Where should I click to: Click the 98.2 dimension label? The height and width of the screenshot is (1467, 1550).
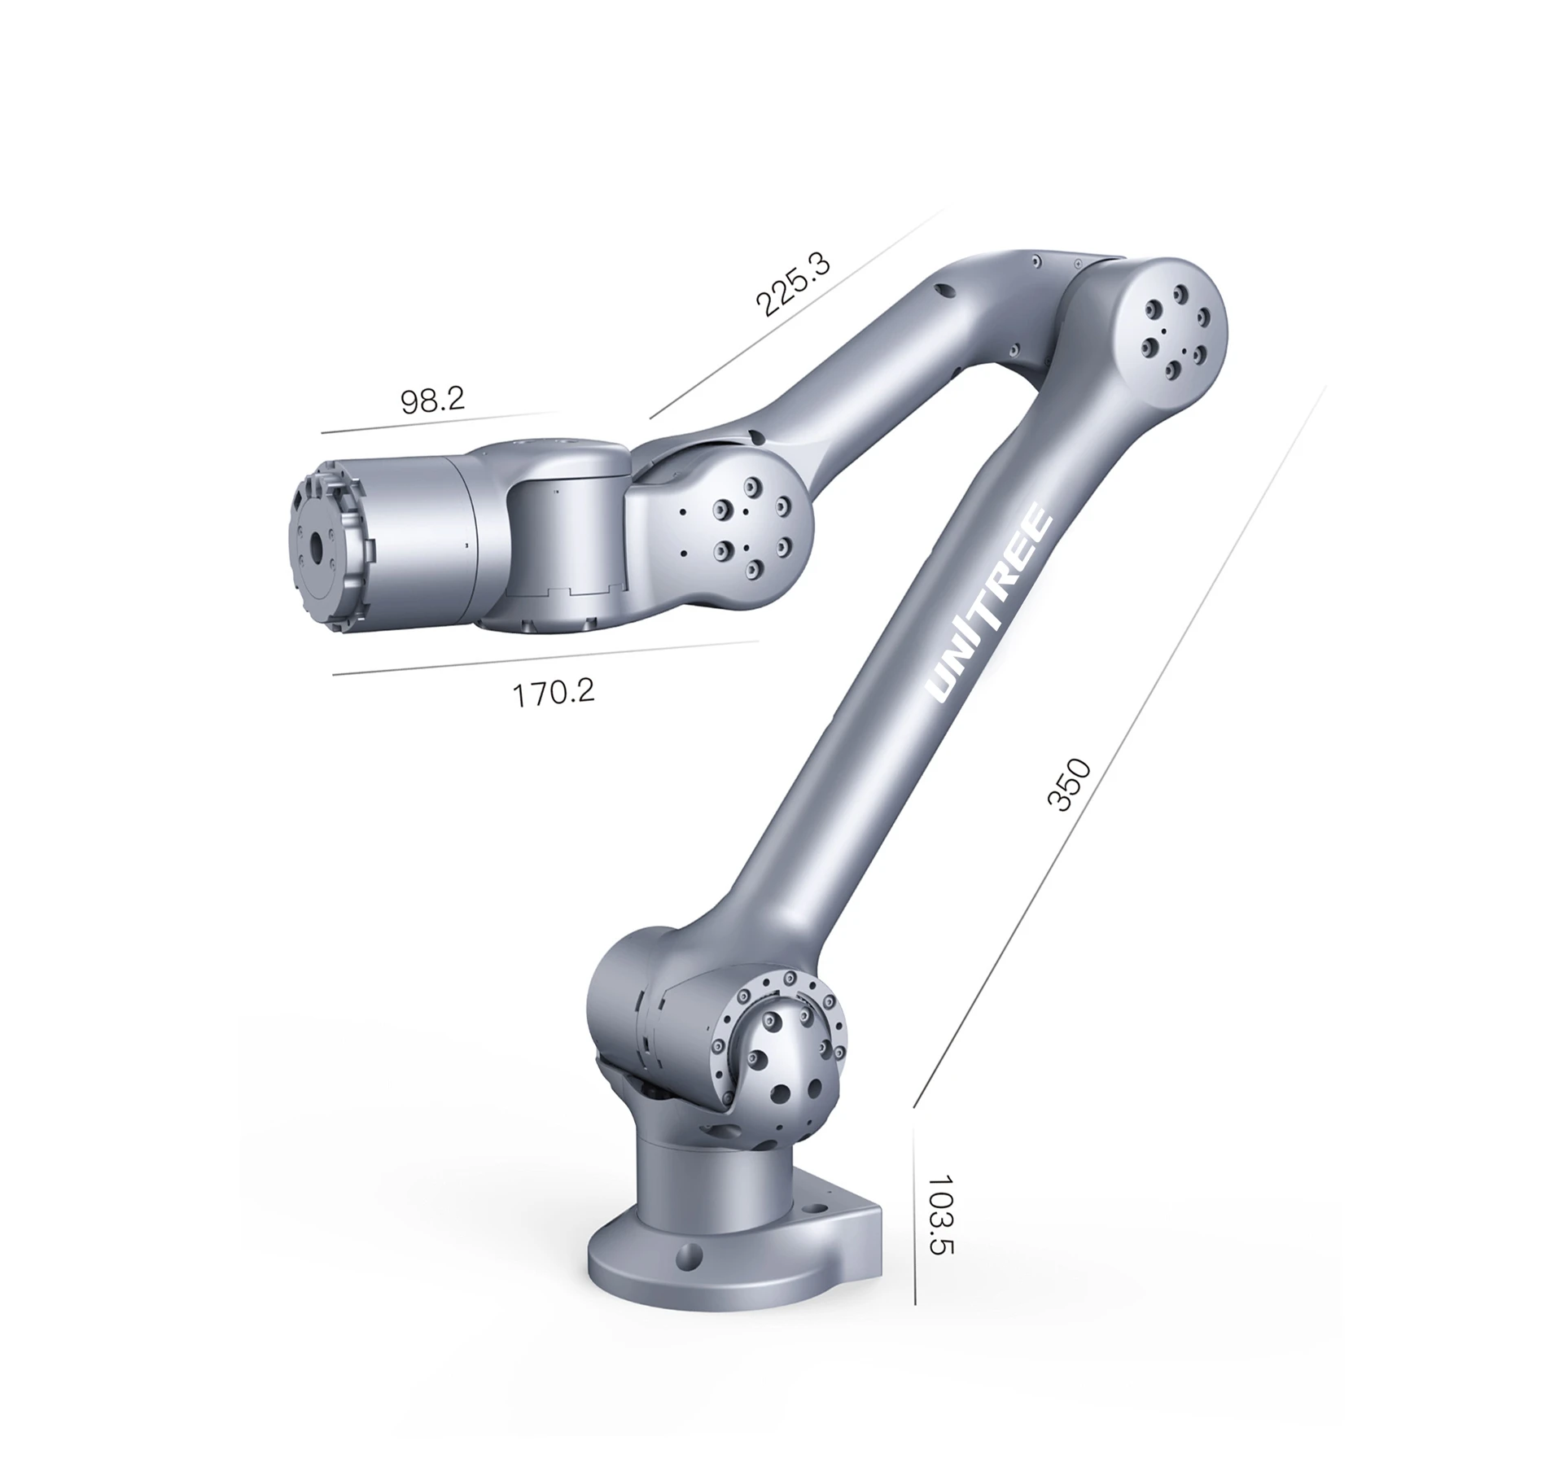tap(432, 400)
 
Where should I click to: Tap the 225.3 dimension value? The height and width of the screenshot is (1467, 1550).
tap(792, 284)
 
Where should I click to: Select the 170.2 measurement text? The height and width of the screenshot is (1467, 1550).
tap(553, 693)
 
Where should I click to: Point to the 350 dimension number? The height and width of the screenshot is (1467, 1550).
tap(1067, 785)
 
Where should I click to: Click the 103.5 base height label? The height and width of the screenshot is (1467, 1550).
tap(940, 1214)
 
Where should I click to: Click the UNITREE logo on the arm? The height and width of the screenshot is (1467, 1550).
tap(992, 603)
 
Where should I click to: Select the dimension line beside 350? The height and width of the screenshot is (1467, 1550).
tap(1119, 747)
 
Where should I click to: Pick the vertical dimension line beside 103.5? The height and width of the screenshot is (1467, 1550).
tap(914, 1226)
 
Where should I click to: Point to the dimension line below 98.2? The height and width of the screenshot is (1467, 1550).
tap(440, 422)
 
